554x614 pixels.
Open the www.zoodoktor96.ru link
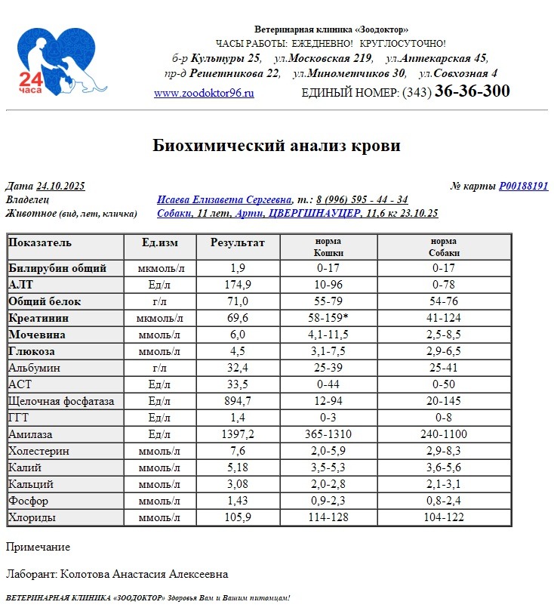[204, 94]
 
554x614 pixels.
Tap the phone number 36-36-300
[472, 91]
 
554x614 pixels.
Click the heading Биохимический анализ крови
[276, 146]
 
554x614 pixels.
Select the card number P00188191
[523, 187]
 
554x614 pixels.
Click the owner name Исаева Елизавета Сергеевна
[224, 200]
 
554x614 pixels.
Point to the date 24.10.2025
[60, 187]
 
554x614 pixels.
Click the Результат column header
[238, 243]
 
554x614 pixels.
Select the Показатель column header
[40, 243]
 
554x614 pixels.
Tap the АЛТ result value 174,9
[238, 285]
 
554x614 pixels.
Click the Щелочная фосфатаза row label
[61, 401]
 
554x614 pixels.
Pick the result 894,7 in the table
[238, 401]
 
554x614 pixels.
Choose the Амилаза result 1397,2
[238, 434]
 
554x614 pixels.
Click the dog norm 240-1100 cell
[444, 434]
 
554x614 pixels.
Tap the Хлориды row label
[32, 517]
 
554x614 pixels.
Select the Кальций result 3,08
[238, 484]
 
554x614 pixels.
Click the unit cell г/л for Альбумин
[159, 368]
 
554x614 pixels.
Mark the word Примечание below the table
[38, 547]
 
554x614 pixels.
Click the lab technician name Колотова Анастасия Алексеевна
[143, 575]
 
